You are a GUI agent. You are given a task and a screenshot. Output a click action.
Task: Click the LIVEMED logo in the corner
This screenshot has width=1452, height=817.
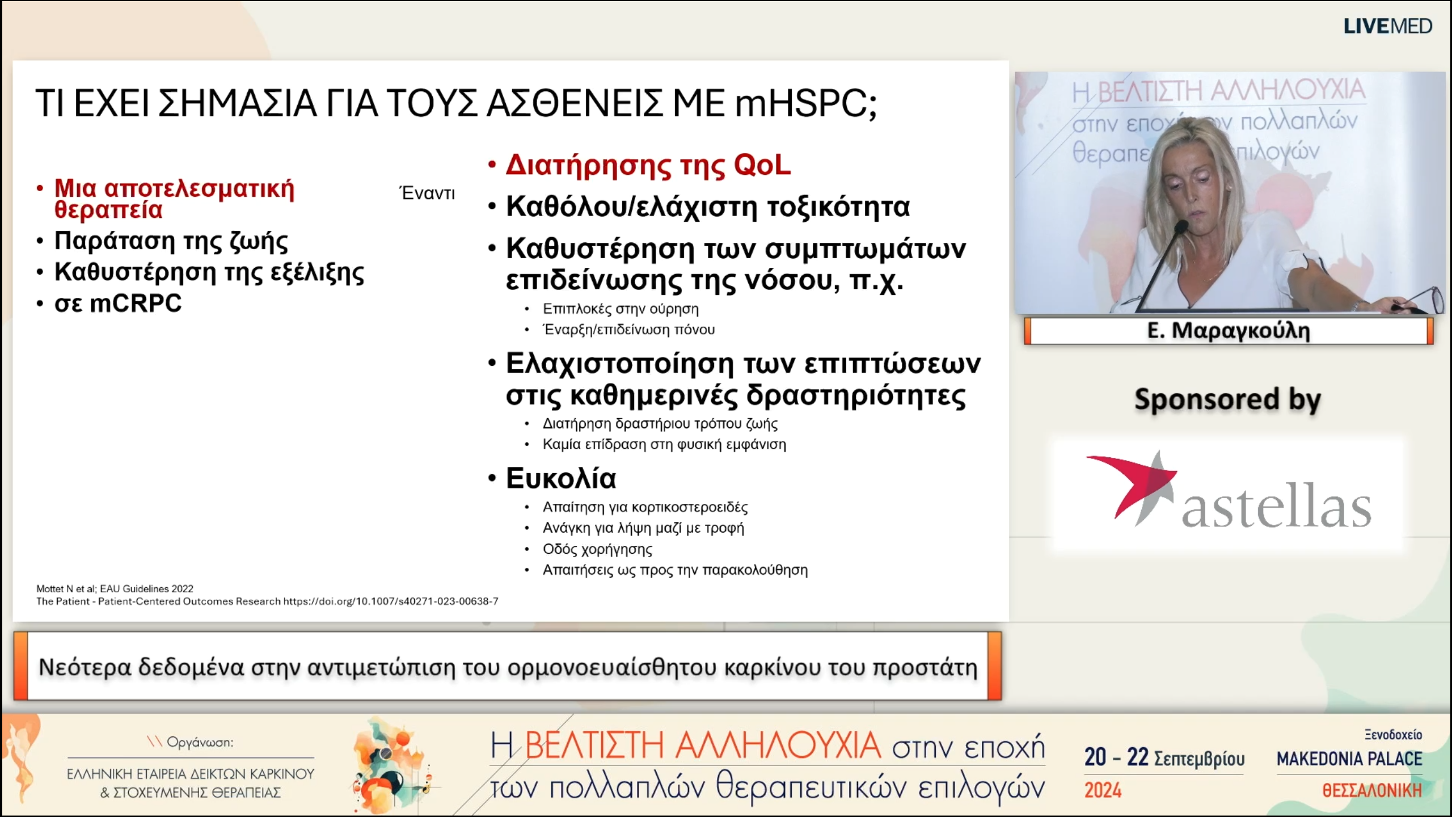1387,26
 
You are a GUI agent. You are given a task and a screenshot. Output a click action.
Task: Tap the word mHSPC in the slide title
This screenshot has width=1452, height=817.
805,104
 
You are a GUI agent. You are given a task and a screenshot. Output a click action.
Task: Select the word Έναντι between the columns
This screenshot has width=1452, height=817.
428,193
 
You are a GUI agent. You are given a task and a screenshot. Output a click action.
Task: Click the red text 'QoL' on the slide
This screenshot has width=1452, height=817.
762,166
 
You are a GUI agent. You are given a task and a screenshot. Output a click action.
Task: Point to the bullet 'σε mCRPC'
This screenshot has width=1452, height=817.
118,304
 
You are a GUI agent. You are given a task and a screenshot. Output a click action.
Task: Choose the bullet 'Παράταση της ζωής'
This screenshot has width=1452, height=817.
171,241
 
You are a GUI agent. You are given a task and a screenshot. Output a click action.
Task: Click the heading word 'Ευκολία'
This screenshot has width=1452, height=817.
560,478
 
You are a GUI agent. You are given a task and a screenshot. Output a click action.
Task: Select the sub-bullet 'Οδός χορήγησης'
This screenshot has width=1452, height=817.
597,549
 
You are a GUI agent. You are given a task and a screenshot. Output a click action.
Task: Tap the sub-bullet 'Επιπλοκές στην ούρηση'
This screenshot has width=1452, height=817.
621,309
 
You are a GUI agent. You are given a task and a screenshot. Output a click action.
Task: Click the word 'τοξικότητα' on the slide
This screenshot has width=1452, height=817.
838,207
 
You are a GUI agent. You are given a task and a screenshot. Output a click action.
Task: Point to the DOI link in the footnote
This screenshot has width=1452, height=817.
391,601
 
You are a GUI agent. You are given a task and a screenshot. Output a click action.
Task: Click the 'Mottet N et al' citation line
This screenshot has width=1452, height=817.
115,589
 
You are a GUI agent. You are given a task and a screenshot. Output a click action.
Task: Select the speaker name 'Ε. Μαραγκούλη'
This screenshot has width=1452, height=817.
1229,331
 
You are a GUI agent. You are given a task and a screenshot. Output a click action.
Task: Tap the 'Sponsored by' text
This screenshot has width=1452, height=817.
1227,400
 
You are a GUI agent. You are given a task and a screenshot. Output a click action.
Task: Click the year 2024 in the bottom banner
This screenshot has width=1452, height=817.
1103,790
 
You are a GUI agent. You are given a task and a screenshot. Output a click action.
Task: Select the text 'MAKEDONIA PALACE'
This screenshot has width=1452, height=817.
1349,759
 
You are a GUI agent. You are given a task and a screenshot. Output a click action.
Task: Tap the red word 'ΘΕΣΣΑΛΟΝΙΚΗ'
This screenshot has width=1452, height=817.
1372,790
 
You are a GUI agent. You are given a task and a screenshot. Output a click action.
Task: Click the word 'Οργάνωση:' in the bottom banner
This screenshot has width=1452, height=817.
199,742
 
